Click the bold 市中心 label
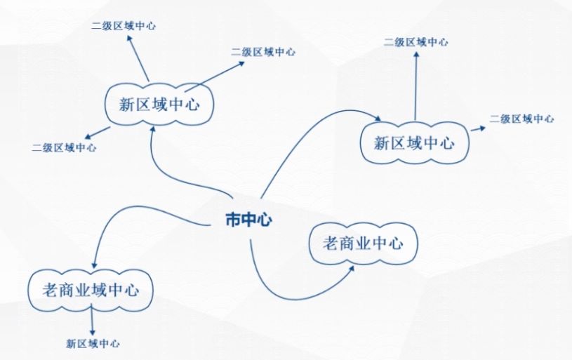tap(248, 220)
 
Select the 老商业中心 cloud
tap(363, 244)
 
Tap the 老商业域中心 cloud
tap(91, 291)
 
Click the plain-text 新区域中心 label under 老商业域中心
tap(93, 344)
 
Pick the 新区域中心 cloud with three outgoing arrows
tap(159, 105)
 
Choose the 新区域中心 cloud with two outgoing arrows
tap(414, 142)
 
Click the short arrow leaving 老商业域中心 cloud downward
tap(92, 321)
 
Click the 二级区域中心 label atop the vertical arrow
tap(416, 42)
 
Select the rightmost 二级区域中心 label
tap(521, 119)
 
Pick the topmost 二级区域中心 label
tap(124, 26)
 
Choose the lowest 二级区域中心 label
tap(64, 148)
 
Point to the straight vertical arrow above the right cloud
tap(416, 86)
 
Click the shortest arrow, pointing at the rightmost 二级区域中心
tap(478, 128)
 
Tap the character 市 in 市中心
tap(233, 220)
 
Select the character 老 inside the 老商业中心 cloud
tap(331, 244)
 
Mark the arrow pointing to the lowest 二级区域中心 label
tap(98, 133)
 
